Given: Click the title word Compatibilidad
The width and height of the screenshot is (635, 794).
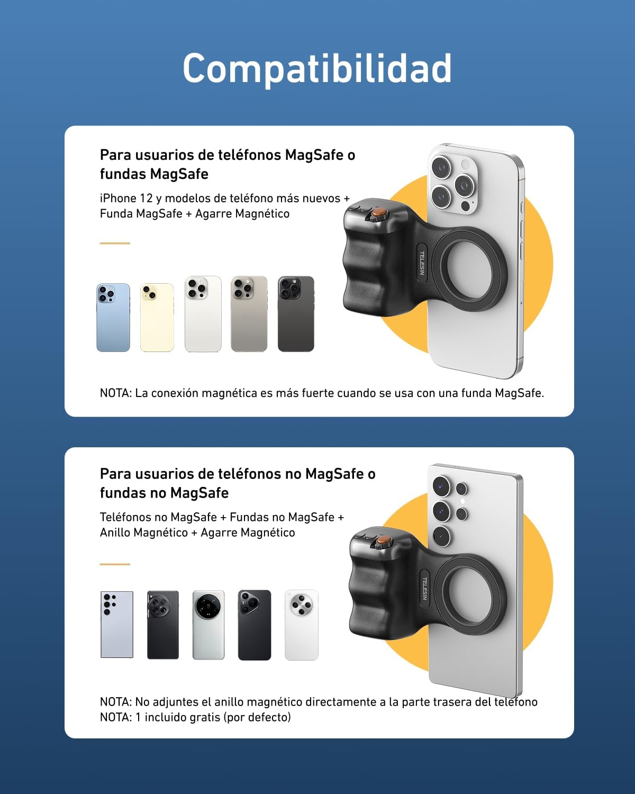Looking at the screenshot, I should point(317,68).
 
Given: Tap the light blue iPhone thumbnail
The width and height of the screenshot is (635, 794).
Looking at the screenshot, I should point(113,317).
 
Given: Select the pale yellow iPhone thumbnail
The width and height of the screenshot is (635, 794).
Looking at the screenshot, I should point(157,317).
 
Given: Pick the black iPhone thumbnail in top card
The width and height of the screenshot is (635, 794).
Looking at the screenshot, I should point(296,313).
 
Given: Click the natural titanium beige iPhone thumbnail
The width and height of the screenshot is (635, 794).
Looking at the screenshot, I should point(249,313).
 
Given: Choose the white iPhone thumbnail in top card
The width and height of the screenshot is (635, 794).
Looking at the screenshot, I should point(203,313).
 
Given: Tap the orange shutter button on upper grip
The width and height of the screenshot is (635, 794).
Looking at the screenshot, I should point(378,214).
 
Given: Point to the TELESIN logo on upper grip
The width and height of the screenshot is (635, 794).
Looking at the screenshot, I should point(422,263).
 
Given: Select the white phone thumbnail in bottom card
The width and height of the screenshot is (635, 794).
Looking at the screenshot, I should point(302,625).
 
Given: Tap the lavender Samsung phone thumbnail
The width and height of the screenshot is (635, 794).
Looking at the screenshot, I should point(117,625).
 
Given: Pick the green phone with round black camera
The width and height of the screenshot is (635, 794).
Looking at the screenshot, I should point(208,625).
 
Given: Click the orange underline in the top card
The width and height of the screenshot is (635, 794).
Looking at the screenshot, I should point(115,243).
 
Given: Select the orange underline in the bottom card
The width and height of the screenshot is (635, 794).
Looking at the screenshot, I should point(115,564).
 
